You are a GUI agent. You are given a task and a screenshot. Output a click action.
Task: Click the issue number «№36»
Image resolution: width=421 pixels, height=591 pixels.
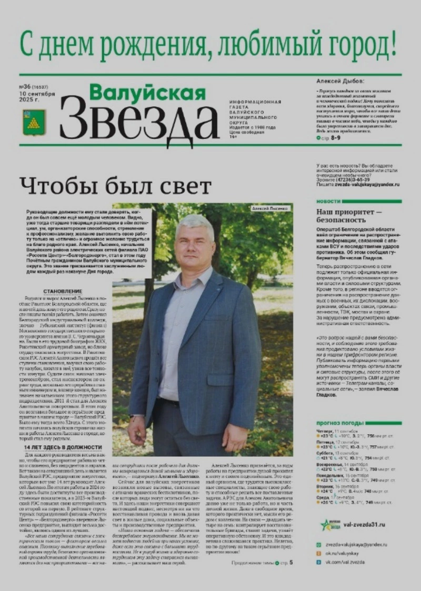tap(25, 86)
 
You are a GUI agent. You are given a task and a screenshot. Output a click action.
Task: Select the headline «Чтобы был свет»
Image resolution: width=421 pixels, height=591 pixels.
tap(115, 186)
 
